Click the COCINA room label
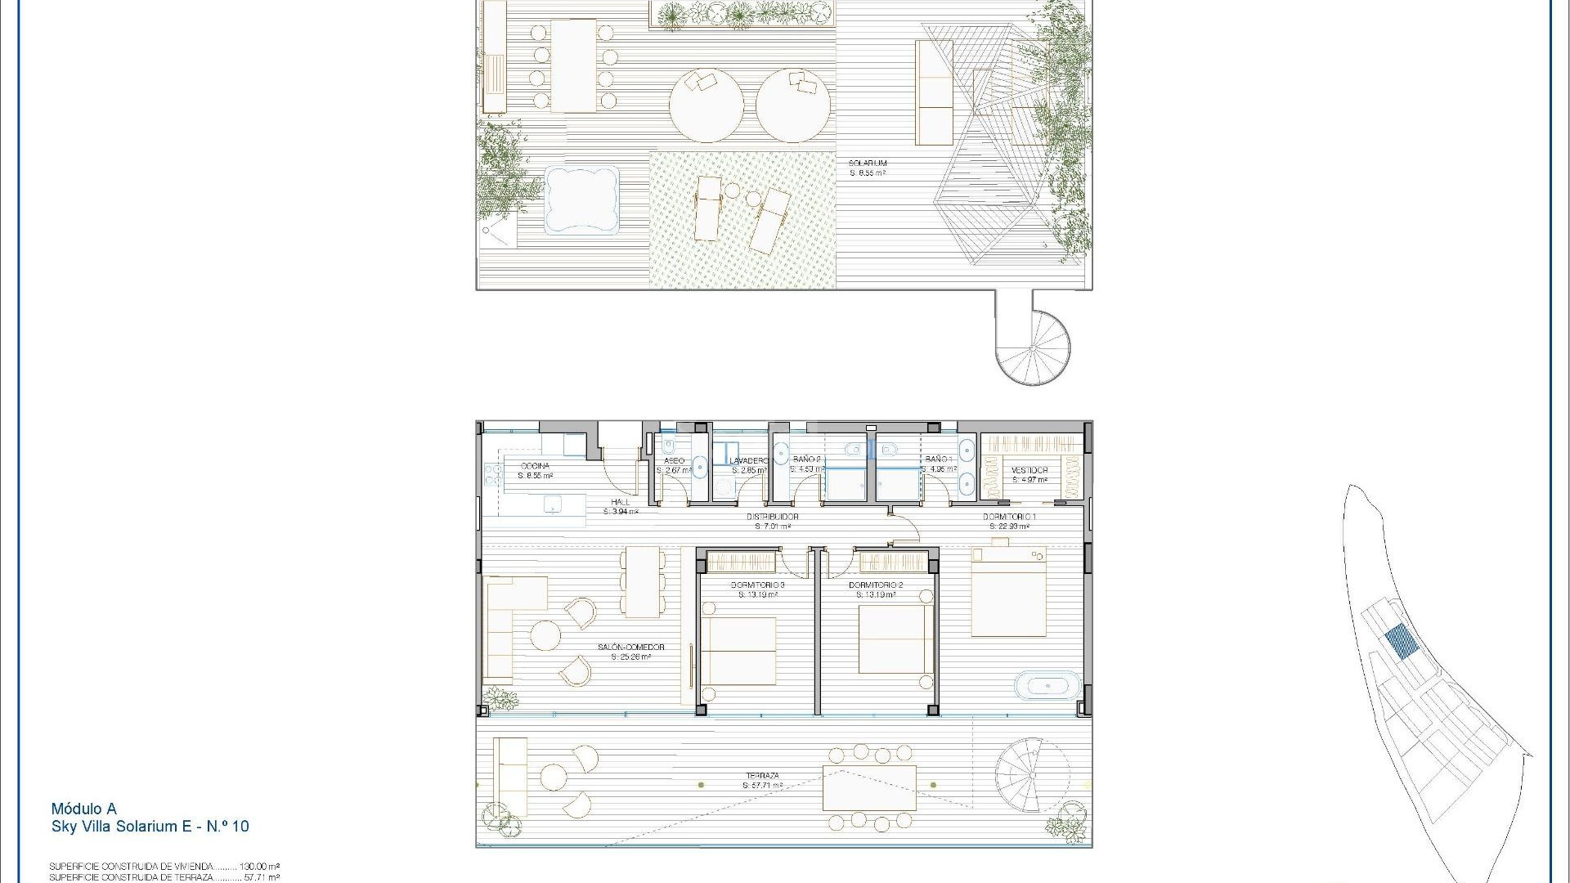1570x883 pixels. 535,466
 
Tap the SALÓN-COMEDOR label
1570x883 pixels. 630,648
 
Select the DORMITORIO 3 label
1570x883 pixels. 758,585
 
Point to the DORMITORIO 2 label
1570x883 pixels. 876,585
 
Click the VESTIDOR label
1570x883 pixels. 1029,470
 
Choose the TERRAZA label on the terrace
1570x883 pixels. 762,776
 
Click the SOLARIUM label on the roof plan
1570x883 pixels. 868,164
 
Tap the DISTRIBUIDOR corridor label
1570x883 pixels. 772,517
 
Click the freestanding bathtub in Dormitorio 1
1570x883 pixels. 1047,684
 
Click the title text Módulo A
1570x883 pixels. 83,809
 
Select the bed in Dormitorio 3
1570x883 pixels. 738,650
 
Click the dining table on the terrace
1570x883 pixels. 869,787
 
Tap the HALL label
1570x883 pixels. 621,502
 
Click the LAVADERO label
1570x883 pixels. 749,461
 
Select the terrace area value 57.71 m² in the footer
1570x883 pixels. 262,877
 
